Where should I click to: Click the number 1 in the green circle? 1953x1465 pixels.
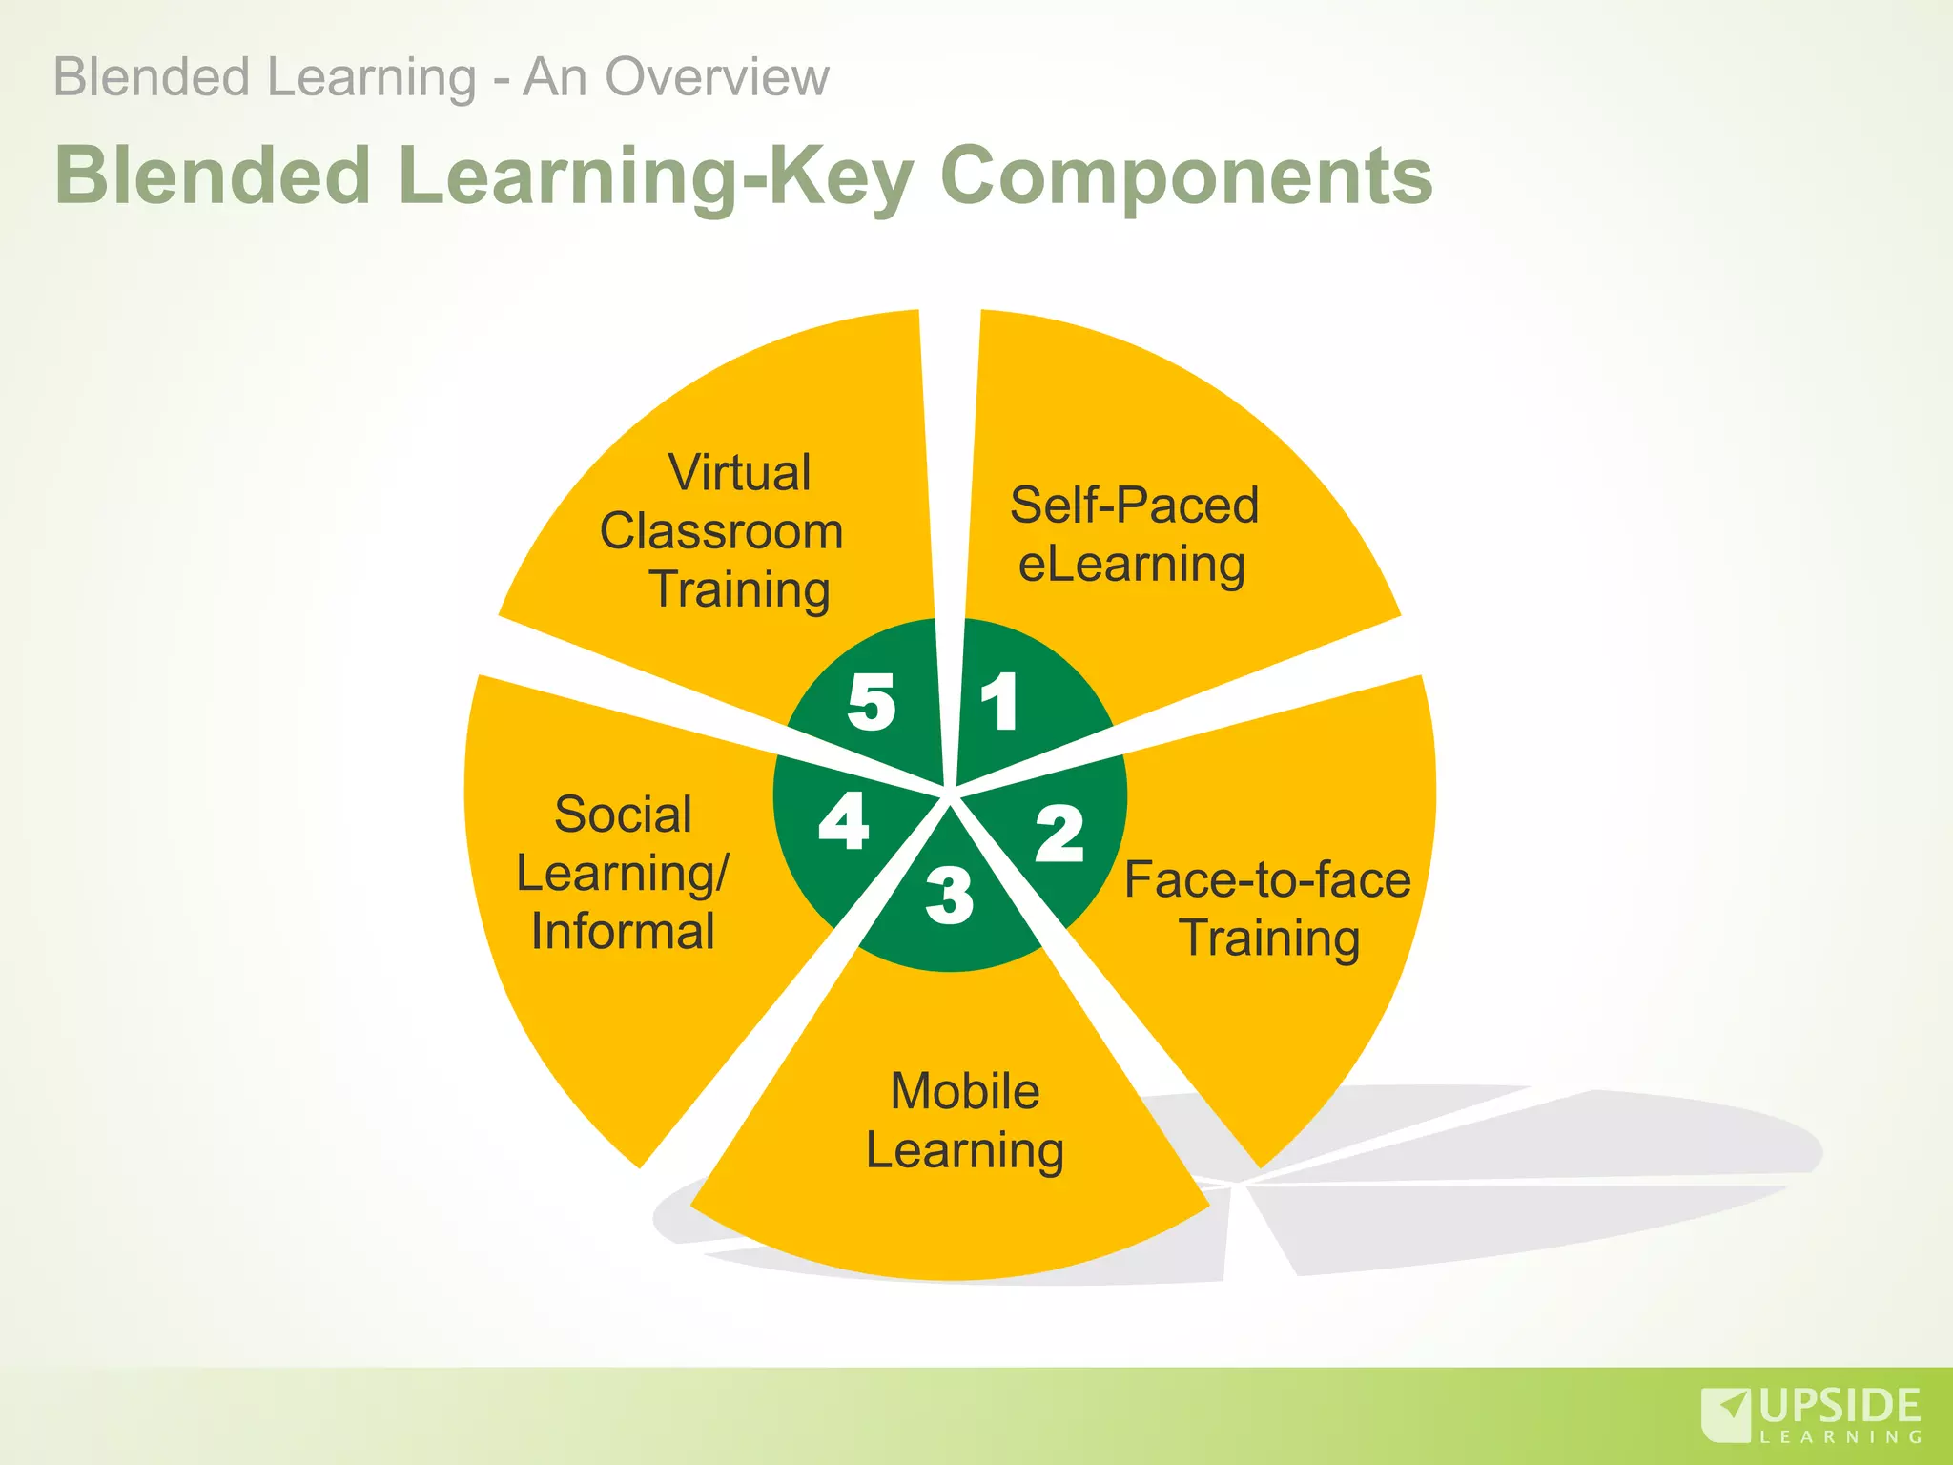click(x=999, y=702)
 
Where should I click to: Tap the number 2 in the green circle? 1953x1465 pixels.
click(x=1059, y=834)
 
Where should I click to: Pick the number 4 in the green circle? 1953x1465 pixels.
click(x=844, y=821)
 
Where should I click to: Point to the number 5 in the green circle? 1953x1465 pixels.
click(x=872, y=702)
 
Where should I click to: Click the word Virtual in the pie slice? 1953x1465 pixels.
click(x=739, y=473)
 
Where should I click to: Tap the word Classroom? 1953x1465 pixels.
click(x=721, y=531)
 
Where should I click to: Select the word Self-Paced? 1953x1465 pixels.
click(x=1134, y=506)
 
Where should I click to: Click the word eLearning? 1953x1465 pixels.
click(x=1132, y=565)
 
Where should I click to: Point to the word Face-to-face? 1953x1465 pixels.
click(x=1267, y=879)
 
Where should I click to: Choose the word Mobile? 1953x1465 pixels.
click(x=964, y=1091)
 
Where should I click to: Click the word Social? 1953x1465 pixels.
click(x=623, y=815)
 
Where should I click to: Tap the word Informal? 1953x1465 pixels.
click(x=623, y=932)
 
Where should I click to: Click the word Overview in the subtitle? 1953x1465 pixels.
click(x=716, y=77)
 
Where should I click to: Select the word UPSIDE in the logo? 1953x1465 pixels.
click(x=1840, y=1407)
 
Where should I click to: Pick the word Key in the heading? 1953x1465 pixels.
click(x=840, y=177)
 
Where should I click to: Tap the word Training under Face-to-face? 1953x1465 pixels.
click(x=1269, y=939)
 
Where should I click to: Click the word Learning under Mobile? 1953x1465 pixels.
click(x=964, y=1150)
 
